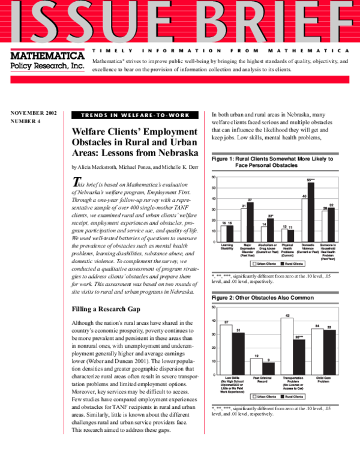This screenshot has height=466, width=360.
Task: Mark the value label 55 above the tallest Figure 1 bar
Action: tap(311, 180)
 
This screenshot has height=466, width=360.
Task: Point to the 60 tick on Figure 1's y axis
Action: tap(214, 178)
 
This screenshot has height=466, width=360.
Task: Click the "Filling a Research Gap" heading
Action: tap(107, 309)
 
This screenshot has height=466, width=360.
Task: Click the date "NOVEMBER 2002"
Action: tap(33, 113)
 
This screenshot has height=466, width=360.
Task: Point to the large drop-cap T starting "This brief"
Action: tap(76, 182)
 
